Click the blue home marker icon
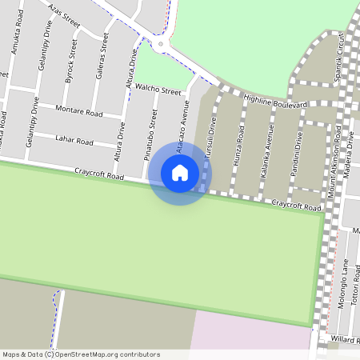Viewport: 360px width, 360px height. [x=180, y=173]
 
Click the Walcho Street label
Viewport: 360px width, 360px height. [x=158, y=90]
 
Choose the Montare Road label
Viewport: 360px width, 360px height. [x=79, y=114]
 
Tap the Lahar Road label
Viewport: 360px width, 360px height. [x=74, y=142]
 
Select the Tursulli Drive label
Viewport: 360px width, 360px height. [x=212, y=134]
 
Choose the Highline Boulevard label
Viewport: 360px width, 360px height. [x=276, y=102]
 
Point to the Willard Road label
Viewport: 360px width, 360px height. [x=343, y=339]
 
